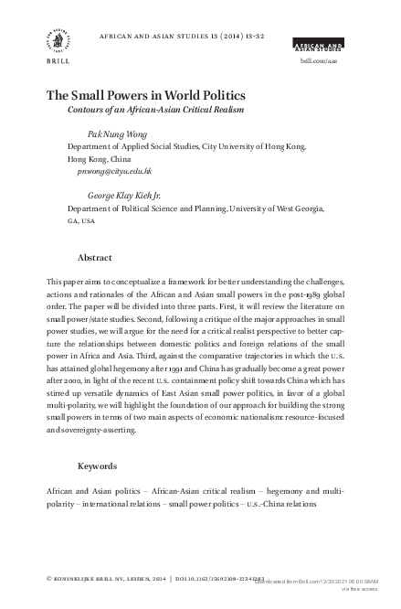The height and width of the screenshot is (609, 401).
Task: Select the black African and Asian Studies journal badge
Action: coord(318,44)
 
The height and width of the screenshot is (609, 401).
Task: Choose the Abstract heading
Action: coord(95,257)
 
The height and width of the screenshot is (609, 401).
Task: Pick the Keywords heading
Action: coord(98,466)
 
